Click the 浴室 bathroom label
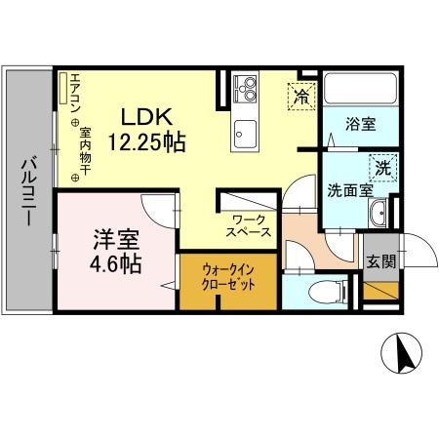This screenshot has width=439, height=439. point(360,124)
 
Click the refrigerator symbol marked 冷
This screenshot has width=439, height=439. point(300,96)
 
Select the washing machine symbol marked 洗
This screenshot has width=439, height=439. point(383,167)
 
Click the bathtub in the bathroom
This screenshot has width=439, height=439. point(356,93)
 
